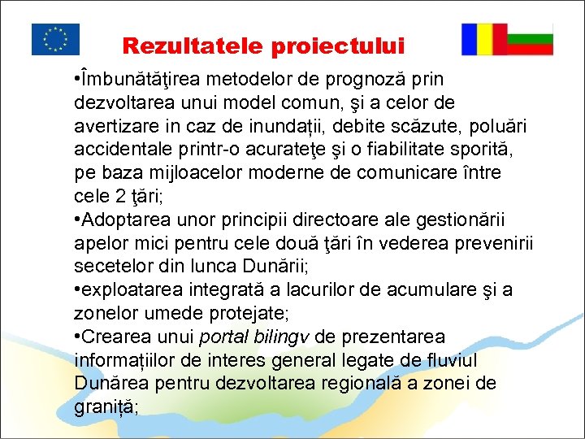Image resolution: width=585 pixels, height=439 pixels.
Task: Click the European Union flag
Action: tap(55, 39)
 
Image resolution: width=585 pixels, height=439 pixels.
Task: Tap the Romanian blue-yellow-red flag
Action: tap(484, 39)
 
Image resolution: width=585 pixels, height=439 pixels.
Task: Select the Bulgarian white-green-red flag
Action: tap(531, 39)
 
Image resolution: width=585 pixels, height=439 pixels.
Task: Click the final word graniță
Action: tap(106, 406)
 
